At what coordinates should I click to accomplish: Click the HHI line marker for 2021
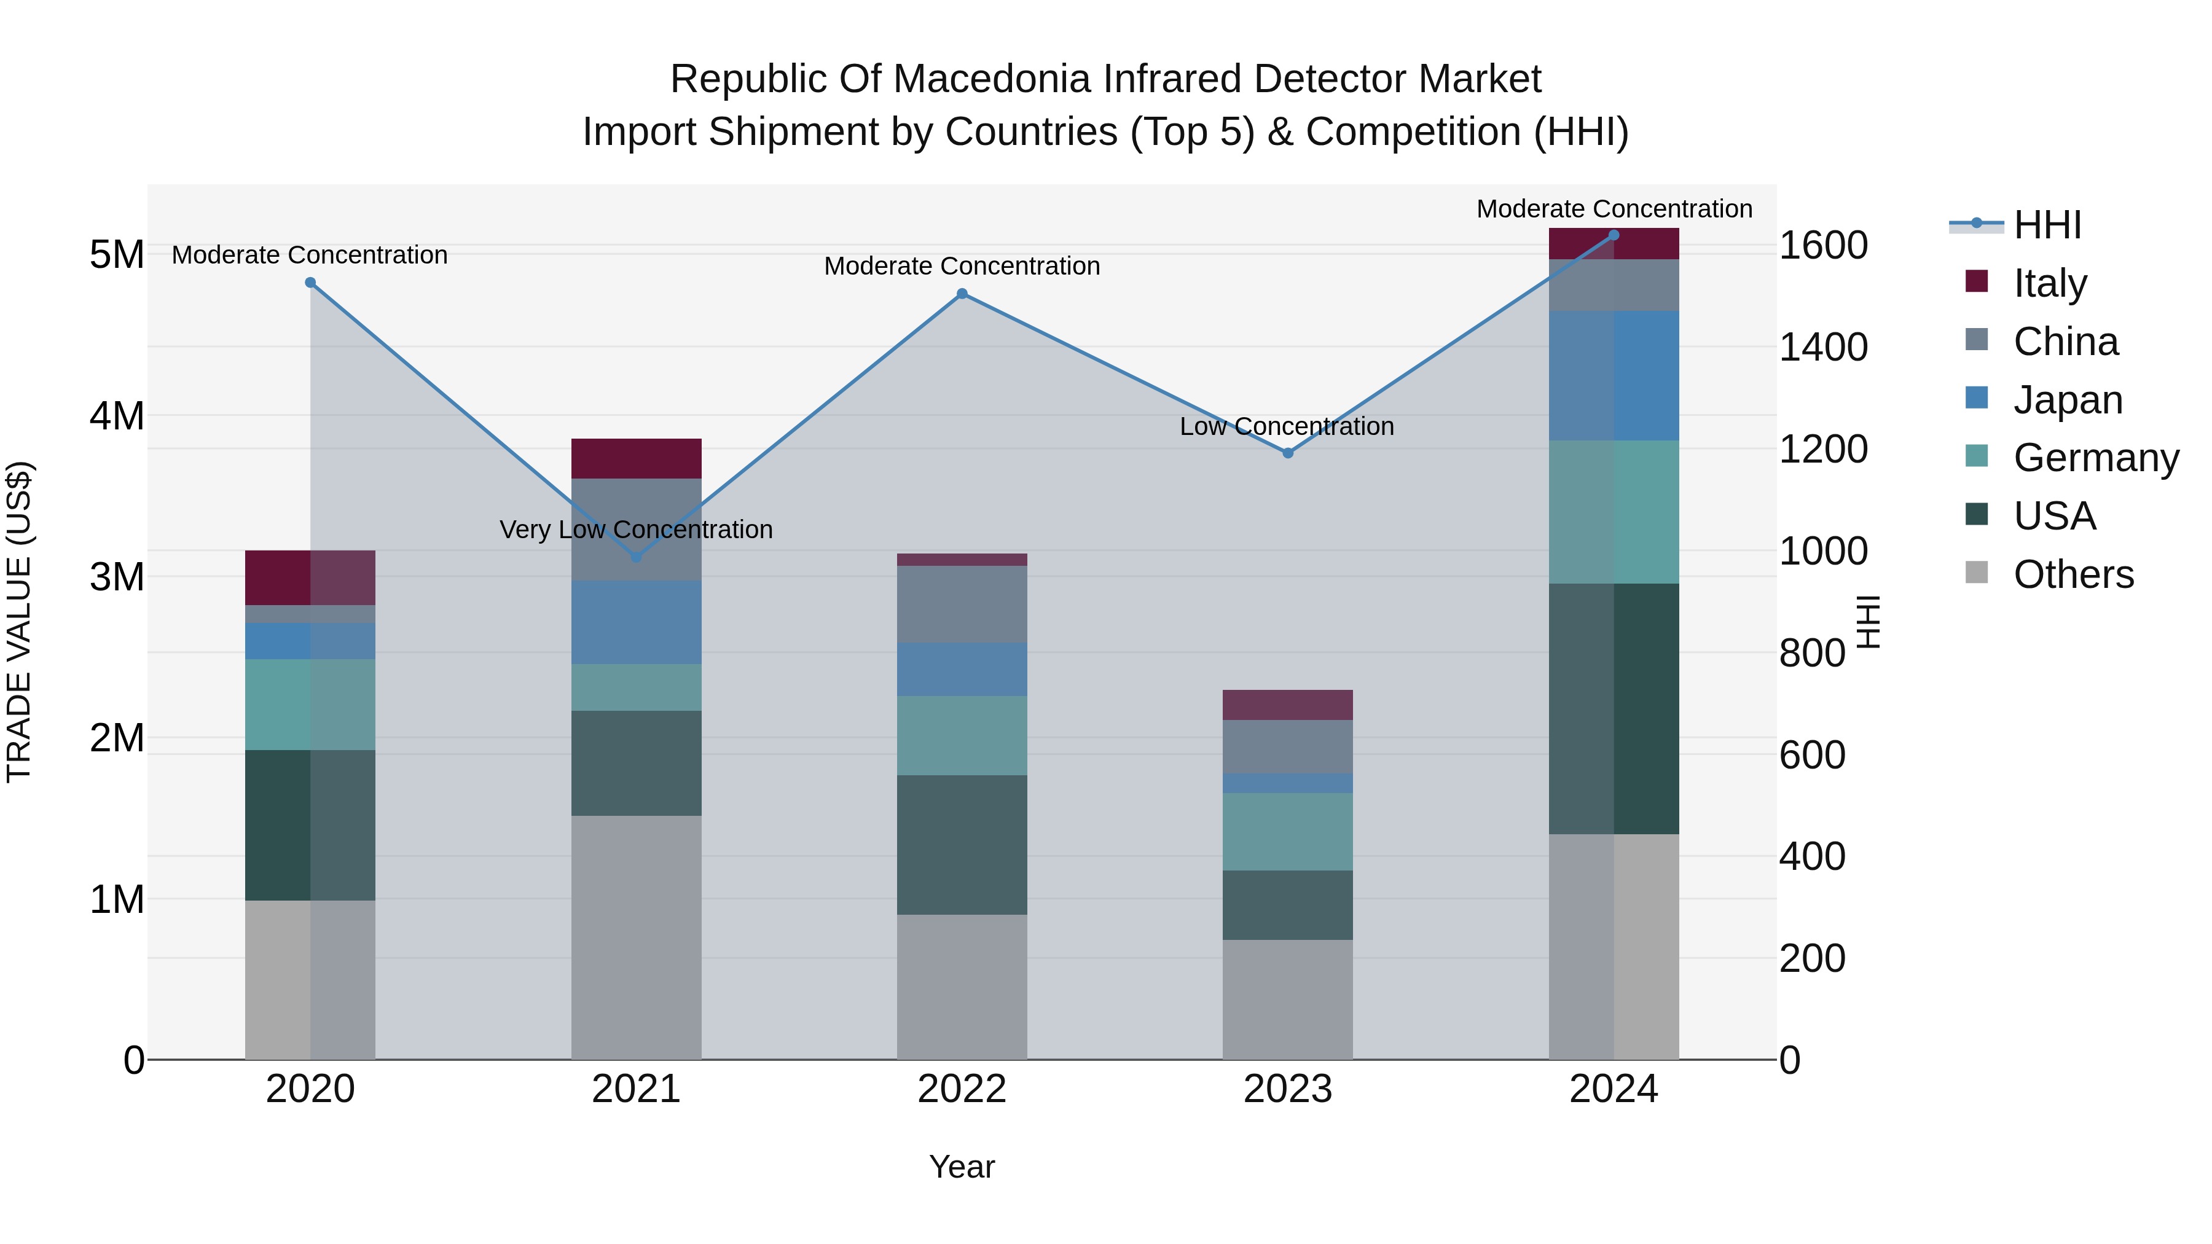click(637, 557)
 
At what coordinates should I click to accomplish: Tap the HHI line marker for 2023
click(1288, 452)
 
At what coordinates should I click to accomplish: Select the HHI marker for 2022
click(962, 294)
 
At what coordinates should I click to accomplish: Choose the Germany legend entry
click(2095, 458)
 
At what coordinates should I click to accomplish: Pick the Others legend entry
click(2073, 574)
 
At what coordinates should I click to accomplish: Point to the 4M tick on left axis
click(117, 415)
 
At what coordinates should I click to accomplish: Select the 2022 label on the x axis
click(962, 1089)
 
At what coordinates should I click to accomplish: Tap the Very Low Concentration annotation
click(637, 530)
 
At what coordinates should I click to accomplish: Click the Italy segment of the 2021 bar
click(637, 458)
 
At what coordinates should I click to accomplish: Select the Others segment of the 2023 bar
click(1288, 1000)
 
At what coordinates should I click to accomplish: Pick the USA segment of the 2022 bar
click(962, 845)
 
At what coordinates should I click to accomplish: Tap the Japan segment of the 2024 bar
click(1614, 376)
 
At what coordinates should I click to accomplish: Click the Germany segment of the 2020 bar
click(310, 705)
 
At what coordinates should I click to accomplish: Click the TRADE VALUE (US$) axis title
click(19, 622)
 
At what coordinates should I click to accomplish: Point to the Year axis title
click(962, 1167)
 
